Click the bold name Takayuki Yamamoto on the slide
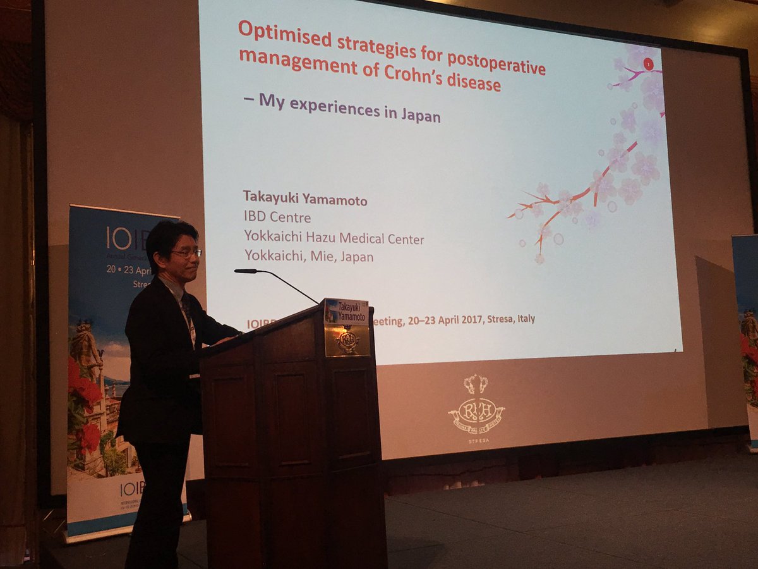click(305, 200)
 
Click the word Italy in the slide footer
click(524, 319)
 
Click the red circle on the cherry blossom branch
click(647, 63)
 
